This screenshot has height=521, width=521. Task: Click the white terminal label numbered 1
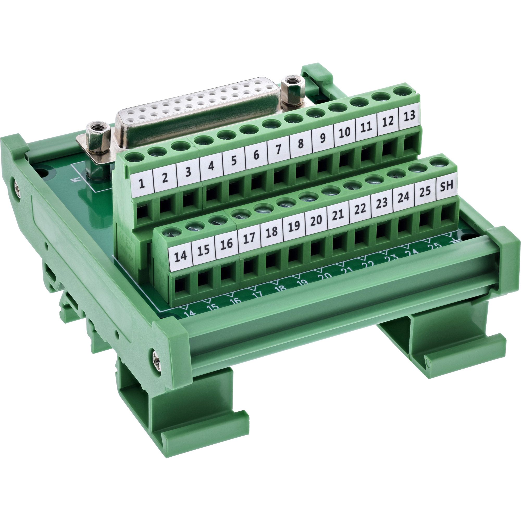[x=142, y=183]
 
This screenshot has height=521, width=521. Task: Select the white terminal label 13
[x=409, y=116]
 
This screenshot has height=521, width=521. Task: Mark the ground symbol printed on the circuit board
[x=455, y=242]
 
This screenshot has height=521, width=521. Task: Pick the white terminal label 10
[x=344, y=132]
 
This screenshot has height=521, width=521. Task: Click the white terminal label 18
[x=271, y=232]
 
